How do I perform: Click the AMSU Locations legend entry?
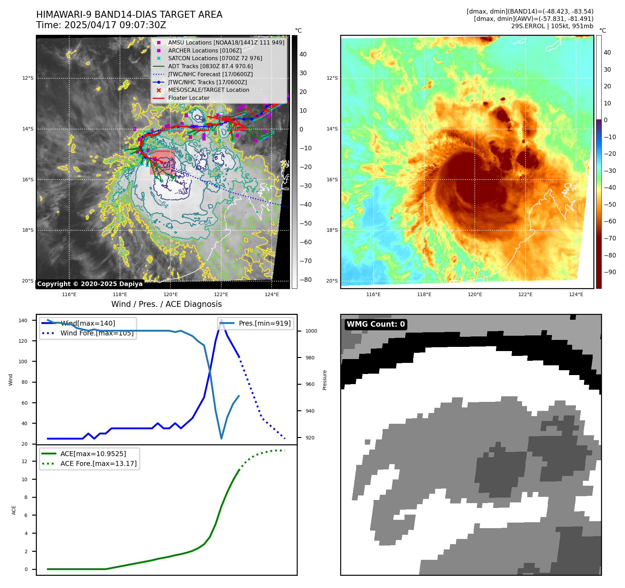point(226,42)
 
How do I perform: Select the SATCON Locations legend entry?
point(215,58)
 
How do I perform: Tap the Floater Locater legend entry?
point(189,98)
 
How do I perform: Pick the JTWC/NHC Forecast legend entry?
point(210,74)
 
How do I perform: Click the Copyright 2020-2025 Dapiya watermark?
point(90,284)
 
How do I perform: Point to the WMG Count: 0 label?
point(376,324)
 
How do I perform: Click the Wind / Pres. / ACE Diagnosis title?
point(166,304)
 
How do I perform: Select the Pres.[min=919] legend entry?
point(264,323)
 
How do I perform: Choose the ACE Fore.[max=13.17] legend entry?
point(98,463)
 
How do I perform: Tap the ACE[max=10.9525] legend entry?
point(93,454)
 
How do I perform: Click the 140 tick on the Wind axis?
point(23,320)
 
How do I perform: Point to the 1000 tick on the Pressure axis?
point(311,331)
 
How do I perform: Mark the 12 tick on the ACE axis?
point(25,461)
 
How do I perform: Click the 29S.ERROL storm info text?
point(552,26)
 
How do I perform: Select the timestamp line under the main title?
point(101,25)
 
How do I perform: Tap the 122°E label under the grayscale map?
point(221,294)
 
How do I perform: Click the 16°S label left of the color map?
point(332,180)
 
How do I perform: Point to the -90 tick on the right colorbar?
point(610,272)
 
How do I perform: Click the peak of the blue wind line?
point(222,320)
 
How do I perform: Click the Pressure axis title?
point(324,380)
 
